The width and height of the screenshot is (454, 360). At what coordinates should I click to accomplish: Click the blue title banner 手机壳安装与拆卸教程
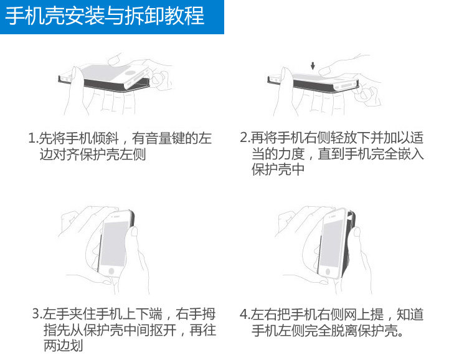click(111, 17)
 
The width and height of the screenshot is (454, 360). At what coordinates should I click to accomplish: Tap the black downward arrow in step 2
click(313, 65)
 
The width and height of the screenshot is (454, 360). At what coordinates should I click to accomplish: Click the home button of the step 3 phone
click(111, 271)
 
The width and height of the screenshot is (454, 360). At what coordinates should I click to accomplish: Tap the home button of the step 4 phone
click(328, 272)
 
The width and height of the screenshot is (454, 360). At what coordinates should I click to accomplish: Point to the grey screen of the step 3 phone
click(115, 244)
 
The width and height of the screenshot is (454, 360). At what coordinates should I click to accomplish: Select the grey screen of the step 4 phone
click(330, 244)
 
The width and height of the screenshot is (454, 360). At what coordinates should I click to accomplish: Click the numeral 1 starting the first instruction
click(32, 138)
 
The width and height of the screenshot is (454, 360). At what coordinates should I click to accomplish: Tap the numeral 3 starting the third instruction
click(35, 314)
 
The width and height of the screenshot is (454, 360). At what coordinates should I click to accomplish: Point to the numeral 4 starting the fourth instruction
click(244, 315)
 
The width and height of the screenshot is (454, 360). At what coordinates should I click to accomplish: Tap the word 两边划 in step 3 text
click(64, 346)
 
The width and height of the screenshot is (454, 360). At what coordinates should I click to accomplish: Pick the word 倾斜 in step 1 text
click(105, 138)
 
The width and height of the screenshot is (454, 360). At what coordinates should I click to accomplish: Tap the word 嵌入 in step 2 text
click(411, 153)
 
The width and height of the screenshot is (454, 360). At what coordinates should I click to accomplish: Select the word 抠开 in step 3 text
click(163, 330)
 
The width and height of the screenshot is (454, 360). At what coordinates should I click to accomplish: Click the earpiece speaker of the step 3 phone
click(116, 217)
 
